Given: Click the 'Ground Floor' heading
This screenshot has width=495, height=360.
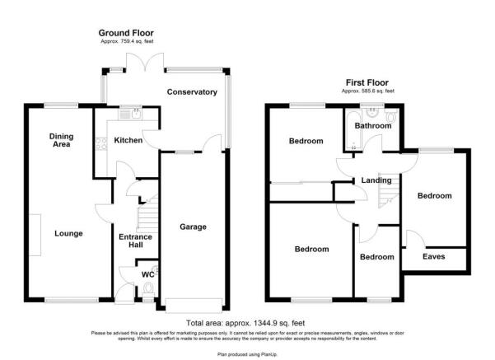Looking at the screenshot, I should pyautogui.click(x=126, y=33).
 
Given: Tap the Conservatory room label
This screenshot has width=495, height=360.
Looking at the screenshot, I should pyautogui.click(x=191, y=92).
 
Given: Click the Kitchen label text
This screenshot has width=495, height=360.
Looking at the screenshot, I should pyautogui.click(x=128, y=141).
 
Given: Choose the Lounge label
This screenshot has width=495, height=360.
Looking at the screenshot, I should pyautogui.click(x=68, y=233).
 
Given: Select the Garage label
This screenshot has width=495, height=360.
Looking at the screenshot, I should pyautogui.click(x=193, y=227).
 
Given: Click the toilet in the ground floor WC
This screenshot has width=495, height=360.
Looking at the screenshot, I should pyautogui.click(x=148, y=288).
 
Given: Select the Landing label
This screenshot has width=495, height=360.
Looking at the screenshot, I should pyautogui.click(x=364, y=180).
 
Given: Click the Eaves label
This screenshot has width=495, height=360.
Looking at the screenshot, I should pyautogui.click(x=433, y=256).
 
